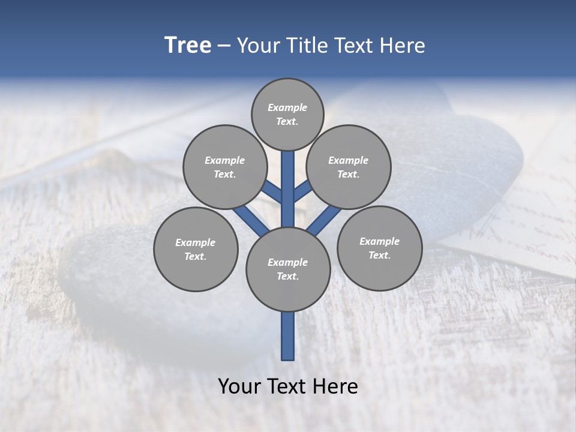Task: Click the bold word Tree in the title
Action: tap(188, 46)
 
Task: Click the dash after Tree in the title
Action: tap(224, 46)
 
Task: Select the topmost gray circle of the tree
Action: tap(287, 114)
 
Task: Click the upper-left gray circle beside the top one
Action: tap(225, 167)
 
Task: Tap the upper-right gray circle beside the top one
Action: tap(349, 167)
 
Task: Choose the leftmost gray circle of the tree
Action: tap(196, 249)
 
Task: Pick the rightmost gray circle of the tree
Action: tap(379, 248)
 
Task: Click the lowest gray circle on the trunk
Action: tap(287, 269)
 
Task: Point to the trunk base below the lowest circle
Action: tap(288, 336)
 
